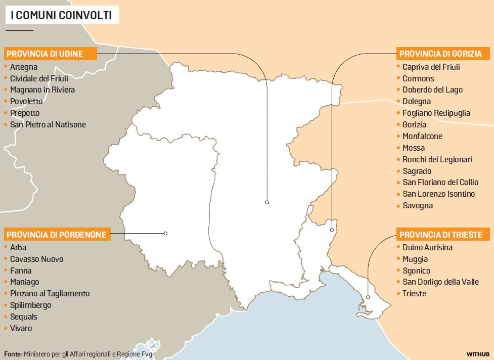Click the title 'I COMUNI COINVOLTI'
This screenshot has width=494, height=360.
62,16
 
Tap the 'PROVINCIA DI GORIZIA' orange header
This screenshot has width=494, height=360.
441,54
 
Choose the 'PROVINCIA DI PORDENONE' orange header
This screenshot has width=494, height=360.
57,234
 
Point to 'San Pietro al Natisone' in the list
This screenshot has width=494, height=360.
48,124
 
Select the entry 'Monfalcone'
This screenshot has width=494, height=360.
422,136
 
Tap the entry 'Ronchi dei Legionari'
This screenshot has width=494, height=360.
437,159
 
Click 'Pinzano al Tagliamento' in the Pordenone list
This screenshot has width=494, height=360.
50,293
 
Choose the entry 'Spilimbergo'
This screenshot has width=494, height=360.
30,305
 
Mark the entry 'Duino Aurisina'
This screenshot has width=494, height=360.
427,247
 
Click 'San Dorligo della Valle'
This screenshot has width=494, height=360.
440,282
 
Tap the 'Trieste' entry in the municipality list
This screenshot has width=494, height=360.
414,293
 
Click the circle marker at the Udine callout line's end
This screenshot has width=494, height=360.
267,202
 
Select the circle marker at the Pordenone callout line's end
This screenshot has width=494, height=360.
165,233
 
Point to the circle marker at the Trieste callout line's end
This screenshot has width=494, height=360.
368,297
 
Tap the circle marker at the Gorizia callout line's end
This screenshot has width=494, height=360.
332,230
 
